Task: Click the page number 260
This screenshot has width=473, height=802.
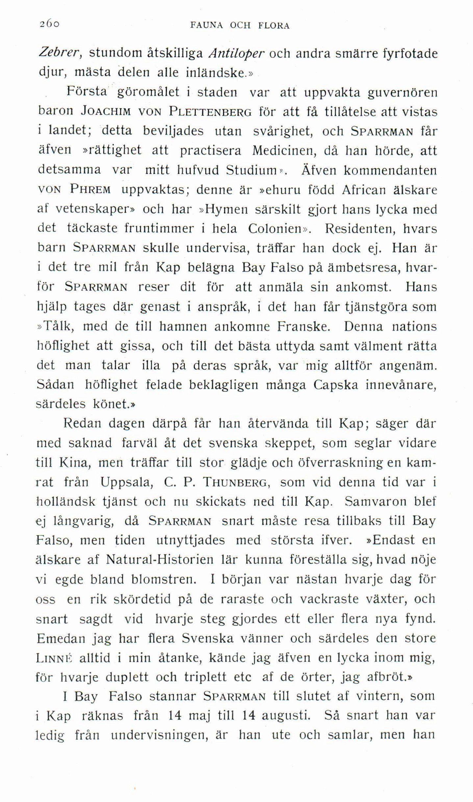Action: pyautogui.click(x=50, y=24)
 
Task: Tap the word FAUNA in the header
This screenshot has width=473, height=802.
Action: pyautogui.click(x=207, y=25)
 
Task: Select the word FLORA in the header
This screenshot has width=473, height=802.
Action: pyautogui.click(x=274, y=25)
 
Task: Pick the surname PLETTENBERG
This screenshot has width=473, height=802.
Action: pyautogui.click(x=211, y=112)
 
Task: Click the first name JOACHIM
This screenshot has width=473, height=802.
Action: pyautogui.click(x=106, y=112)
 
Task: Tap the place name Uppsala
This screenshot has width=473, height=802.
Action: pyautogui.click(x=126, y=483)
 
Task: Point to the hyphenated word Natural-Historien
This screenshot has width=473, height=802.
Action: pyautogui.click(x=160, y=560)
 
